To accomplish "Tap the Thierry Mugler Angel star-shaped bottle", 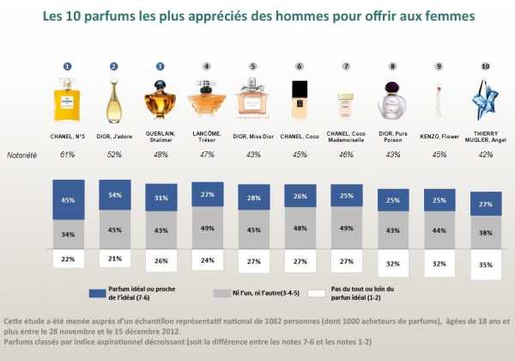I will click(x=486, y=98).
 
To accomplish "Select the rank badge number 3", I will click(x=161, y=66).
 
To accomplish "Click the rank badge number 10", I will click(x=486, y=66).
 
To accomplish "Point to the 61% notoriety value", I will click(x=67, y=155).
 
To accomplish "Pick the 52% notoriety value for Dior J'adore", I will click(x=114, y=155).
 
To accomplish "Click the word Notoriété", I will click(x=22, y=155).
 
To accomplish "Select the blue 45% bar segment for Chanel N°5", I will click(x=67, y=199).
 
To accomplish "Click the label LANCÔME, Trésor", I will click(x=207, y=136).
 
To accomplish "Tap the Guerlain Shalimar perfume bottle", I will click(x=161, y=101).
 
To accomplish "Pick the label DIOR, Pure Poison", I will click(x=393, y=136).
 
